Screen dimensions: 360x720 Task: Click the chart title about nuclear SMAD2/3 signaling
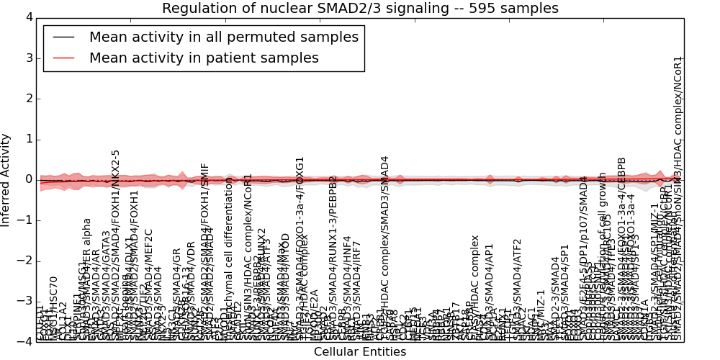(x=360, y=9)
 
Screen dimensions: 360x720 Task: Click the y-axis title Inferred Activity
(x=6, y=179)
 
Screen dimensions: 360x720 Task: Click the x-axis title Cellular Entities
(x=360, y=352)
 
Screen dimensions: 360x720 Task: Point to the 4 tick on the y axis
(x=27, y=17)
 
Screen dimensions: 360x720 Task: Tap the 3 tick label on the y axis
(x=27, y=58)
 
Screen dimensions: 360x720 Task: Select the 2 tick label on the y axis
(x=27, y=98)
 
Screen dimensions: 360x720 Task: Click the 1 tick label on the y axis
(x=27, y=139)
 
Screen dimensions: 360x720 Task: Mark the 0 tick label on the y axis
(x=27, y=179)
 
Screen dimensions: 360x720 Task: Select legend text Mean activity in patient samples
(x=204, y=58)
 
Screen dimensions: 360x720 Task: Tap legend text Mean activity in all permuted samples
(x=223, y=37)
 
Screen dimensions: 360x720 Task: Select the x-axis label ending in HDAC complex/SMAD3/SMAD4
(x=384, y=248)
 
